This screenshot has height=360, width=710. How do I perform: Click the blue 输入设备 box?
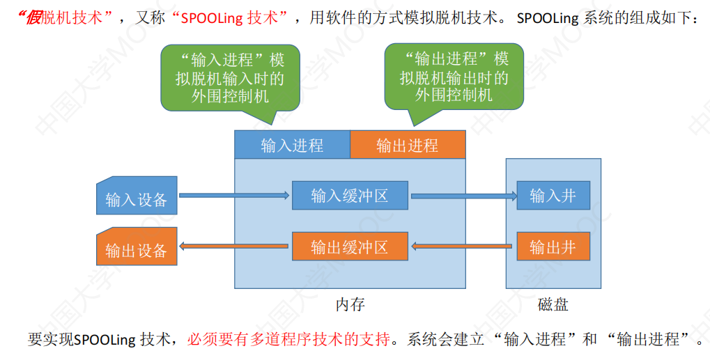(137, 196)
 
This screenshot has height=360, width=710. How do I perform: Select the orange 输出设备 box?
(137, 246)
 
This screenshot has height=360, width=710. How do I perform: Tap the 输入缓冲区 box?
(350, 196)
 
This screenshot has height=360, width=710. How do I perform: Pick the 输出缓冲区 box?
(350, 246)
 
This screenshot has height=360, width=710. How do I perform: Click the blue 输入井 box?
(553, 196)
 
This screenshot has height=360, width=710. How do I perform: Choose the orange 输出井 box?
(553, 246)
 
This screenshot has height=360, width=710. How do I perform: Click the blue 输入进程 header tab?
(293, 145)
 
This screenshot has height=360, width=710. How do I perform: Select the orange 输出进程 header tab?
(408, 145)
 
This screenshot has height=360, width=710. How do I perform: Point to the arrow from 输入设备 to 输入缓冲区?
(234, 196)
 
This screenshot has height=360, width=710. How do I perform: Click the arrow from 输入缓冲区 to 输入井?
(464, 196)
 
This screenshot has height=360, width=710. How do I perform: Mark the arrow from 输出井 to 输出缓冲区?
(461, 246)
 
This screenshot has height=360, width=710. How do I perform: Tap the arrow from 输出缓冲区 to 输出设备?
(233, 246)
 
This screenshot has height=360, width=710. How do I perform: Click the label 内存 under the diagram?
(350, 304)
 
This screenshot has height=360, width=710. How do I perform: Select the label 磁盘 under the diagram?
(553, 304)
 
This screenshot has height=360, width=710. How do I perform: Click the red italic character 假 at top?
(33, 17)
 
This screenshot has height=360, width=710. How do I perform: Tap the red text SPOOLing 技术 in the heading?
(229, 18)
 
